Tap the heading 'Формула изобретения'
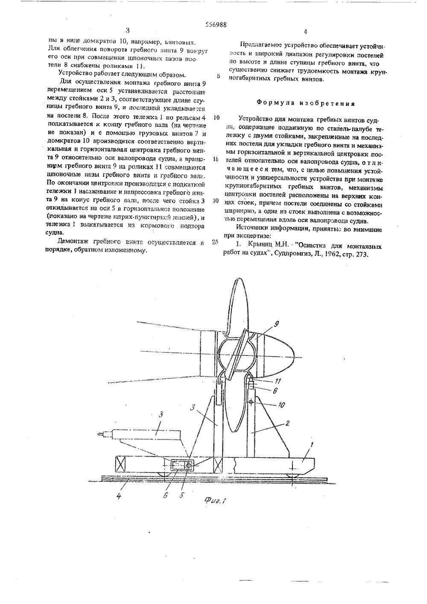pyautogui.click(x=305, y=103)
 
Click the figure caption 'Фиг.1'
pyautogui.click(x=214, y=501)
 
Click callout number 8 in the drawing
pyautogui.click(x=269, y=390)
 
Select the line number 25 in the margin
pyautogui.click(x=215, y=242)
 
